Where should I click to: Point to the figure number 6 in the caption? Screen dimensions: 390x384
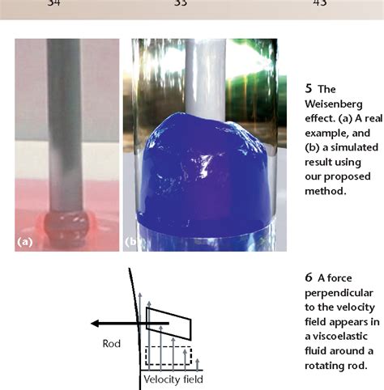(x=309, y=277)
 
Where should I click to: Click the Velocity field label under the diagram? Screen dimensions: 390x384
(x=173, y=378)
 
